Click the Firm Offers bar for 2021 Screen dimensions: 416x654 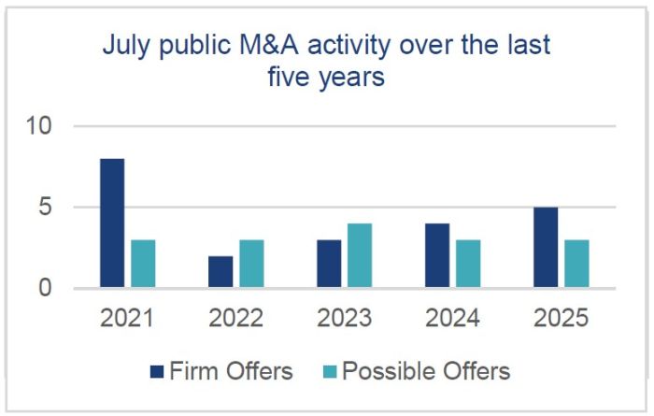click(x=112, y=223)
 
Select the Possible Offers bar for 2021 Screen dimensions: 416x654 click(x=143, y=264)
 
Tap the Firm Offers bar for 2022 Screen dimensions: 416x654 click(x=220, y=272)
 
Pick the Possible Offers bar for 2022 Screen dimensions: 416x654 click(x=251, y=264)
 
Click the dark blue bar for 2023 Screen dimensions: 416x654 click(x=329, y=264)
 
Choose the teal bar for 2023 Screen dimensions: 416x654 click(x=360, y=255)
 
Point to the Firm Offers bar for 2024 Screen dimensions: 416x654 click(x=438, y=255)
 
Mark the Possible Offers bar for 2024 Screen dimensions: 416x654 click(x=468, y=264)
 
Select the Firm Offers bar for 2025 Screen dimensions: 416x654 click(x=547, y=248)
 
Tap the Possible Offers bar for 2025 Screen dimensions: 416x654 click(x=576, y=264)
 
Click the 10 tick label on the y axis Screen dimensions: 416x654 click(x=40, y=126)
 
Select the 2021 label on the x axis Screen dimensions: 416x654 click(x=128, y=320)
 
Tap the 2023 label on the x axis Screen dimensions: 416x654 click(x=345, y=320)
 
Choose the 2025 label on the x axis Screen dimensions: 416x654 click(x=562, y=320)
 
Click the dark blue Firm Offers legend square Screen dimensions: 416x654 click(x=156, y=372)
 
